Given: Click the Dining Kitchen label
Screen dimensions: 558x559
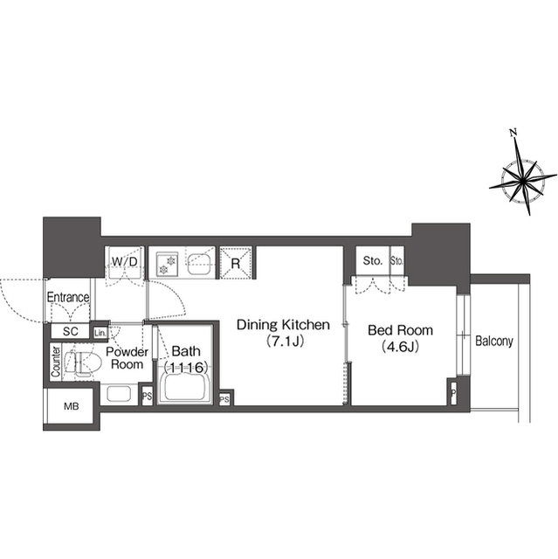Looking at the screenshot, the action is pos(283,325).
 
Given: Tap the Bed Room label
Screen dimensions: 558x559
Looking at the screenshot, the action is pos(400,330).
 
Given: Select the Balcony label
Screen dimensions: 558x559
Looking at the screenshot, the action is pos(494,342).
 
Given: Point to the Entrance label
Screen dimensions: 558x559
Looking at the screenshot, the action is pos(68,297).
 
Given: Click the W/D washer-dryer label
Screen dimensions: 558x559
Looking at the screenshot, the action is pos(124,262).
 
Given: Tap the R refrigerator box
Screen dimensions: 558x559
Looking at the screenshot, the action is pos(236,263).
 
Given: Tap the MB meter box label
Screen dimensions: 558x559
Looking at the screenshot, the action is pos(72,406).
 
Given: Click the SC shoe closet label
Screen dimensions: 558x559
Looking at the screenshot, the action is pos(70,332).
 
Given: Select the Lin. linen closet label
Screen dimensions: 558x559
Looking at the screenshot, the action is pos(100,334).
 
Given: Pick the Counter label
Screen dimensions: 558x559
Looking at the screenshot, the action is pos(56,362).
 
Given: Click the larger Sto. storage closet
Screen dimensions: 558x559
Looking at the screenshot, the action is pos(372,261).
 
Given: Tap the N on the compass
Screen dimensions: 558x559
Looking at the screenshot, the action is pos(513,133).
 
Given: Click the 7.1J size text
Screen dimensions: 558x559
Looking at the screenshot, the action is pos(285,342).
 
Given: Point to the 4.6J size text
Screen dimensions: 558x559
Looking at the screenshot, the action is pos(400,347).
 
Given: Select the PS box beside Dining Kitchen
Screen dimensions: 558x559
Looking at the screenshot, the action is pos(224,399).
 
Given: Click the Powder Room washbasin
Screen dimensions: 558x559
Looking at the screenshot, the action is pos(119,394).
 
